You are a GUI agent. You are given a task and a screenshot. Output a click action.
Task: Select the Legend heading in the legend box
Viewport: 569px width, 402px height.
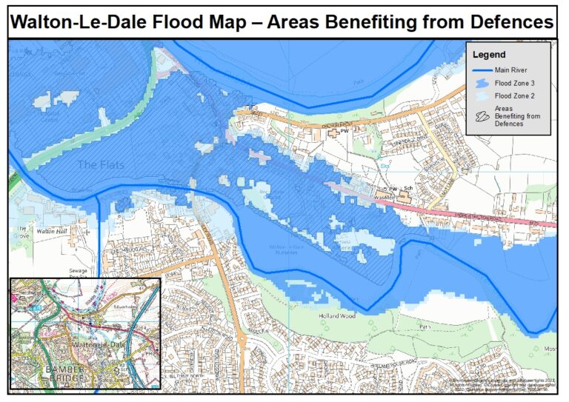click(489, 55)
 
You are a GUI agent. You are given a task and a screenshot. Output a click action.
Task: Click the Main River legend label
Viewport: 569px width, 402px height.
click(511, 70)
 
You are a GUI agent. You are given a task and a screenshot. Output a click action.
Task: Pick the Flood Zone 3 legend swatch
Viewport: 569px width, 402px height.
click(482, 83)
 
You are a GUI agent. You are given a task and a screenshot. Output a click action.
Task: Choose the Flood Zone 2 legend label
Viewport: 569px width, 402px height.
click(515, 96)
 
